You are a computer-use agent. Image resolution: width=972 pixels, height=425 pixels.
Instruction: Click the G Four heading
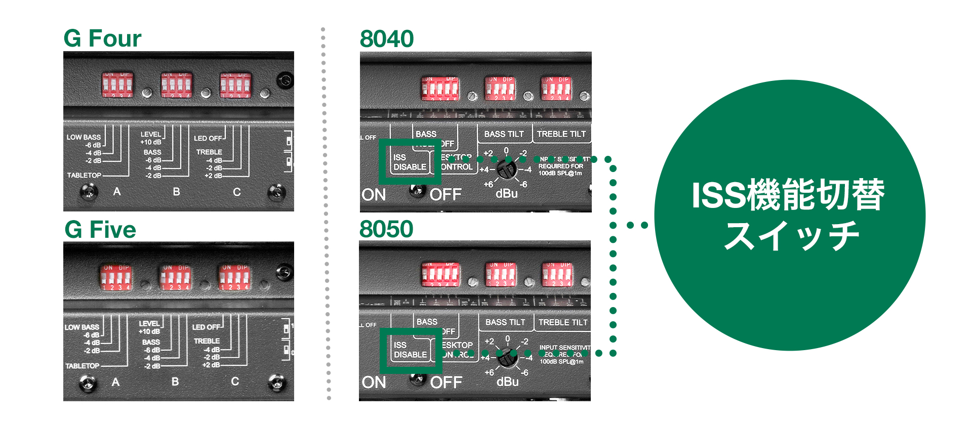tap(102, 38)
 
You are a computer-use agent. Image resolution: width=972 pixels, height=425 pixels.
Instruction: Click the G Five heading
tap(100, 230)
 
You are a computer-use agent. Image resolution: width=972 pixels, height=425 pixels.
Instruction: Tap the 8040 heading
tap(387, 39)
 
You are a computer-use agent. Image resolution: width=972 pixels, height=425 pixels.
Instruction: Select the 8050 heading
tap(386, 229)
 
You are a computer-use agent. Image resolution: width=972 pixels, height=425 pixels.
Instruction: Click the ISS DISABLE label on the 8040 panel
tap(410, 162)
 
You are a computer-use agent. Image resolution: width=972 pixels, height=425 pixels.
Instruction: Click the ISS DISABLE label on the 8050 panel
tap(410, 350)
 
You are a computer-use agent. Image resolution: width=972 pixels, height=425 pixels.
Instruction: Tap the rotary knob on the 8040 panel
tap(506, 170)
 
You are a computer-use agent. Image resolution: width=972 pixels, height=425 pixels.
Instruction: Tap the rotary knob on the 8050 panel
tap(507, 358)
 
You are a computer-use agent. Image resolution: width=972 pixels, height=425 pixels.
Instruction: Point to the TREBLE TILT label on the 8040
tap(561, 134)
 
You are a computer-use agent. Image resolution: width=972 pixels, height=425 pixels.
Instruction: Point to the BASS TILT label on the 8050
tap(505, 322)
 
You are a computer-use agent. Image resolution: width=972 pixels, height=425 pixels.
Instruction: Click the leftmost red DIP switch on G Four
tap(117, 84)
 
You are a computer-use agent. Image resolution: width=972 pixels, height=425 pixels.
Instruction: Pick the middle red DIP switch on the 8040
tap(500, 89)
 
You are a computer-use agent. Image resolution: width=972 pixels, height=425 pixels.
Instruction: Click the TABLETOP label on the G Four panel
tap(84, 175)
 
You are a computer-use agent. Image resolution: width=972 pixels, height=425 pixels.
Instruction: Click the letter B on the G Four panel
tap(176, 192)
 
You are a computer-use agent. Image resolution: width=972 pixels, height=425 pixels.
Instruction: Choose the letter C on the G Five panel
tap(235, 381)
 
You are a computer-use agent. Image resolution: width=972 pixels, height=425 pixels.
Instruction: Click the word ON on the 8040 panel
tap(374, 195)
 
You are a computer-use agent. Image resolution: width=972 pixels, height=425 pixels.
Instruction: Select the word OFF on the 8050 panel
tap(445, 382)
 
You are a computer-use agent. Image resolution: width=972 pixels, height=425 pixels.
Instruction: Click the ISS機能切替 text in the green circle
tap(788, 195)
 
